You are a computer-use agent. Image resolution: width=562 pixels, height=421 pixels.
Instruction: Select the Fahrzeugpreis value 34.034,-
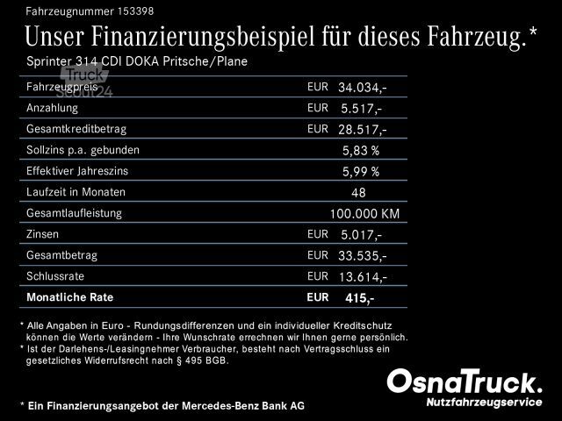coord(362,88)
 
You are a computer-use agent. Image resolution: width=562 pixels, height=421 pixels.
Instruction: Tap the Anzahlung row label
coord(53,108)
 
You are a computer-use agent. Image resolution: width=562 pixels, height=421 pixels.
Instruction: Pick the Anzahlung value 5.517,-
coord(360,109)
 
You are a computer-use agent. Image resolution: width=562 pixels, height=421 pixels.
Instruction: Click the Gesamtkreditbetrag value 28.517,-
coord(362,130)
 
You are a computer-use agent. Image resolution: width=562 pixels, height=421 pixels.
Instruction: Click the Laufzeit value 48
coord(358,192)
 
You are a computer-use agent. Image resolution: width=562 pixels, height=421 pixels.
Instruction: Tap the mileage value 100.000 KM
coord(364,213)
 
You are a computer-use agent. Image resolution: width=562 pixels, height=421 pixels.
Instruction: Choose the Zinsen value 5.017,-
coord(360,235)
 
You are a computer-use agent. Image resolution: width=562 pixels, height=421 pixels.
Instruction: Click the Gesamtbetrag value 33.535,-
coord(362,256)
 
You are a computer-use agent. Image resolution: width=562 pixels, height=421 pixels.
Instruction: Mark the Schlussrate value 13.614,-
coord(362,277)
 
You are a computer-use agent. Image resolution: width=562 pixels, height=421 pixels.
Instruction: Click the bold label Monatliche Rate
coord(70,297)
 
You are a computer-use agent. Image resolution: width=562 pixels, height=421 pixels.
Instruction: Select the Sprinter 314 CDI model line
coord(136,61)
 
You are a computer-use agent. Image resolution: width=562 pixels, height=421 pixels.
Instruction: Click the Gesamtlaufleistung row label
coord(75,213)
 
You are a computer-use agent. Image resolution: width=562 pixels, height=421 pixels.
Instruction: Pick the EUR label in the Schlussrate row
coord(317,275)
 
